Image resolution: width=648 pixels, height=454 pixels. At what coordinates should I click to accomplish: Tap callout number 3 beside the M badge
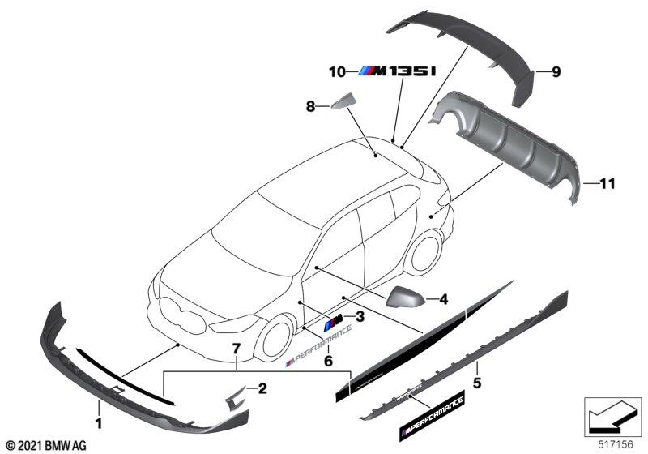click(360, 316)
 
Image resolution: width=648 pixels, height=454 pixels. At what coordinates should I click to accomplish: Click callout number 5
click(477, 379)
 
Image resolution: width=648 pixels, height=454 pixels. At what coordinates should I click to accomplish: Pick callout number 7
click(237, 349)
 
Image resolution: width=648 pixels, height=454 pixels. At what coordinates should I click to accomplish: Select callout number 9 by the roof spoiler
click(556, 73)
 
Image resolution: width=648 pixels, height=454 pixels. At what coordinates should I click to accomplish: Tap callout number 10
click(337, 72)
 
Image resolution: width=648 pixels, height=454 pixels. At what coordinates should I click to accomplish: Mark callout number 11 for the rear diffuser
click(606, 184)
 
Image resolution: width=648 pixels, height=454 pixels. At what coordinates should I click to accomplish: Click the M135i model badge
click(397, 72)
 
